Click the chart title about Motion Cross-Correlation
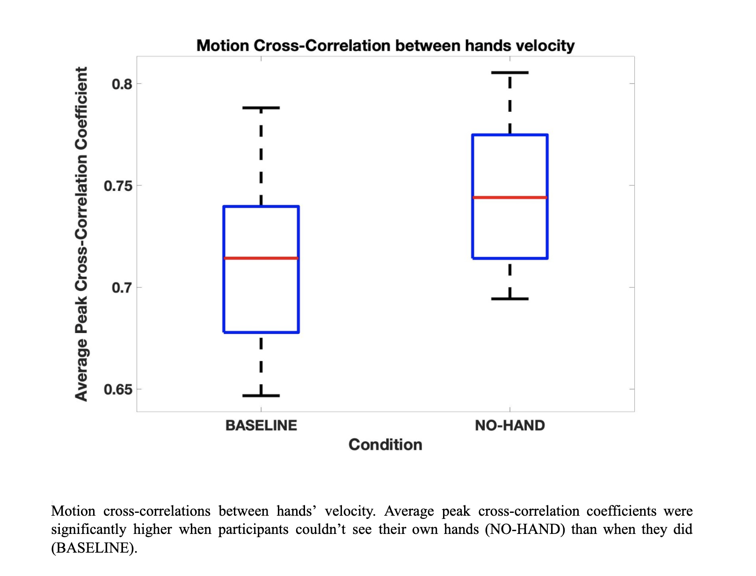[x=385, y=46]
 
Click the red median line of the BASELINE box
[x=261, y=258]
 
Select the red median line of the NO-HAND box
[x=510, y=198]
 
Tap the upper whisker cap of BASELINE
[x=261, y=108]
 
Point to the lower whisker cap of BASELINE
[x=261, y=396]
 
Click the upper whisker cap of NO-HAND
[x=510, y=73]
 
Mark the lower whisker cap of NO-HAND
[x=510, y=298]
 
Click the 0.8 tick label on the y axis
[x=122, y=84]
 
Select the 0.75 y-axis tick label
[x=118, y=186]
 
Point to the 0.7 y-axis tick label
[x=122, y=288]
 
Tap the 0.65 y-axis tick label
[x=118, y=389]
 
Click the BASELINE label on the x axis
[x=261, y=425]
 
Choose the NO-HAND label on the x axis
[x=510, y=425]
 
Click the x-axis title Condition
[x=385, y=445]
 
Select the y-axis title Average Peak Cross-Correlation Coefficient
[x=81, y=234]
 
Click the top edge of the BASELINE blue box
[x=261, y=206]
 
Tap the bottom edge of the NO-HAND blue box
[x=510, y=258]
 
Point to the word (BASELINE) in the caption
[x=93, y=547]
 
